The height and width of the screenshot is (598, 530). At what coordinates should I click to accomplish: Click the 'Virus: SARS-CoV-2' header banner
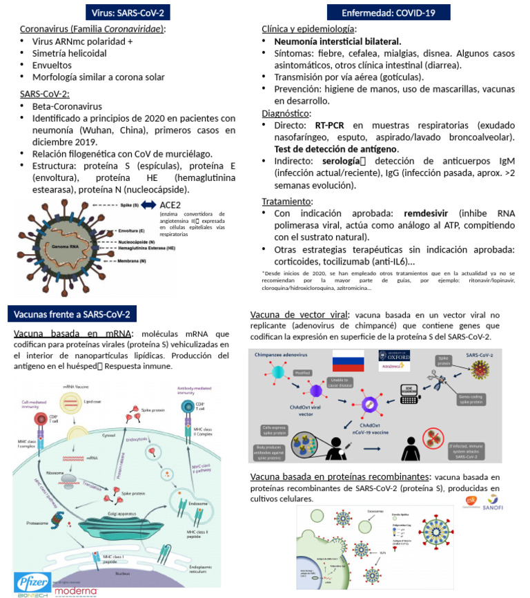coord(128,12)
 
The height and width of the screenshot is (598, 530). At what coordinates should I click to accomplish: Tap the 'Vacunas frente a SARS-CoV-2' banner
coord(74,315)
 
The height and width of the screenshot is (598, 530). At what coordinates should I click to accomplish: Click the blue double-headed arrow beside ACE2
coord(148,206)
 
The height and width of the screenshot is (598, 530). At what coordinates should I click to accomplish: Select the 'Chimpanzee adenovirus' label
coord(279,354)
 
